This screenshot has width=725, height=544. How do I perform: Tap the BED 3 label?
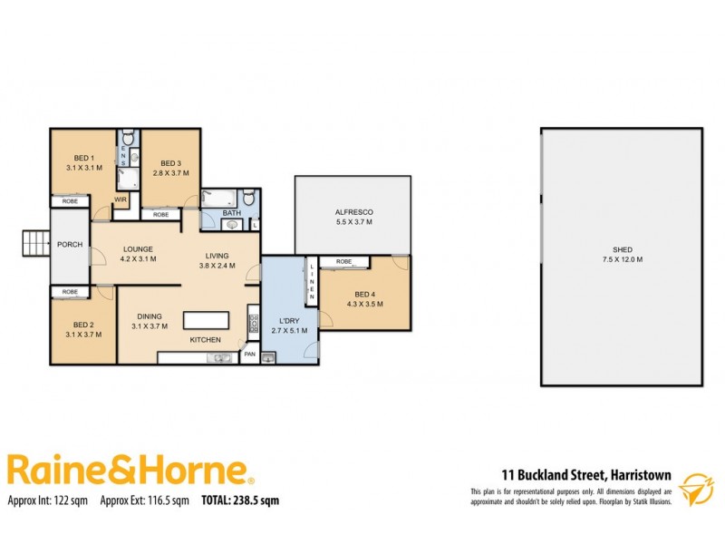(x=169, y=163)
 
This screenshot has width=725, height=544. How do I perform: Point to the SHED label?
(x=622, y=249)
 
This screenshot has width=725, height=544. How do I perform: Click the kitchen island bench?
(x=208, y=321)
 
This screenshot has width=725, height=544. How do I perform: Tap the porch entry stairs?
(x=35, y=244)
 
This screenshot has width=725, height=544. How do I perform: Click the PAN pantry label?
(x=249, y=354)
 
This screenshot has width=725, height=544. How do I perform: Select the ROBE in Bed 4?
(x=343, y=262)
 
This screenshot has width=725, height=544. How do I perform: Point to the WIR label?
(x=121, y=200)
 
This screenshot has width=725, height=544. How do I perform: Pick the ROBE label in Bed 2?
(x=70, y=292)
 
